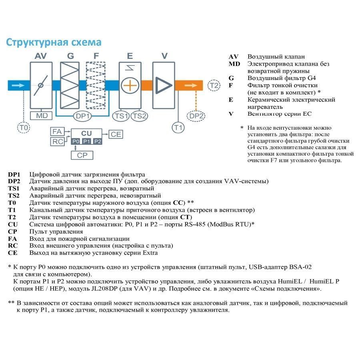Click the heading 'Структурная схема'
coord(54,42)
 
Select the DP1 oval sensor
coord(83,116)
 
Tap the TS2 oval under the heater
coord(139,116)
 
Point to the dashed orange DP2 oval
coord(196,116)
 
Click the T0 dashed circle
coord(24,128)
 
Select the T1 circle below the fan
coord(178,128)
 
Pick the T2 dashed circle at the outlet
coord(214,85)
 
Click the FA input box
coord(57,131)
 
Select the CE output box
coord(116,134)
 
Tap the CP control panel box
coord(82,155)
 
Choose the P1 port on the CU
coord(87,142)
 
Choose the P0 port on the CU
coord(76,142)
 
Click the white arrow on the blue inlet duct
coord(18,85)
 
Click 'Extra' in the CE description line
coord(150,253)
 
